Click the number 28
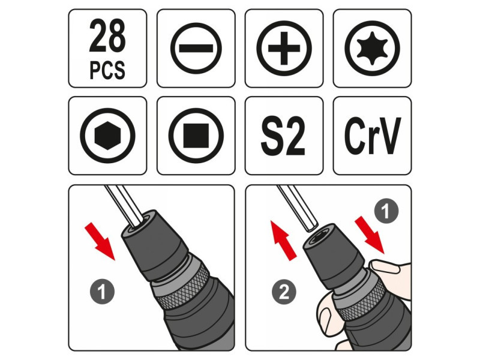coord(107,36)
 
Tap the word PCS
coord(107,70)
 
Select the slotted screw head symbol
coord(196,49)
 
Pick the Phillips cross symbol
coord(284,49)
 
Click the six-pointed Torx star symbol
coord(372,49)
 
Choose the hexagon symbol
coord(107,136)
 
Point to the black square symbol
coord(196,136)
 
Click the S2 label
coord(283,136)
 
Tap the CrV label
coord(372,136)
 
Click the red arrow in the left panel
coord(100,241)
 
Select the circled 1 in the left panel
coord(102,292)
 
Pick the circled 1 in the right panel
coord(386,211)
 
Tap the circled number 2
coord(284,292)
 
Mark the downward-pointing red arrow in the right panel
coord(370,235)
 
